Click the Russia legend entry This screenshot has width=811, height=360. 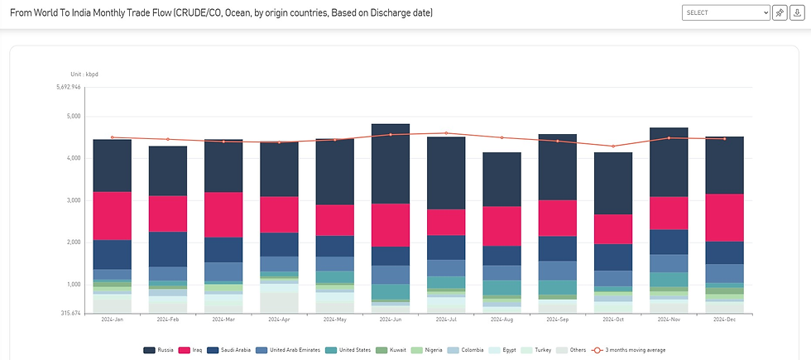159,350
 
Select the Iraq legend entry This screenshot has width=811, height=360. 192,350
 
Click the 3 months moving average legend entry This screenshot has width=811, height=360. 630,350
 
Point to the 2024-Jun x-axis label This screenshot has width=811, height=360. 391,319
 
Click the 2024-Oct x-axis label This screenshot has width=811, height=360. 613,319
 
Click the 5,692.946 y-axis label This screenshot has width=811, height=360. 68,87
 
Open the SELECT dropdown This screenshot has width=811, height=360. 726,12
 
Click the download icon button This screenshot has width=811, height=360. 797,12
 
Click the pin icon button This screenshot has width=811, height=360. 780,12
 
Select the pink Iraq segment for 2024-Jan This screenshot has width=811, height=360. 112,215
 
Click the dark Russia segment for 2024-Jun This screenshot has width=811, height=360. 391,163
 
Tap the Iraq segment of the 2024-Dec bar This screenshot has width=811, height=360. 724,218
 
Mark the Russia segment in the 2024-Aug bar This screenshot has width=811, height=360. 501,179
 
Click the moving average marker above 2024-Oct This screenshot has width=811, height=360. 613,146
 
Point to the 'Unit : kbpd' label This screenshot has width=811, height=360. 85,74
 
